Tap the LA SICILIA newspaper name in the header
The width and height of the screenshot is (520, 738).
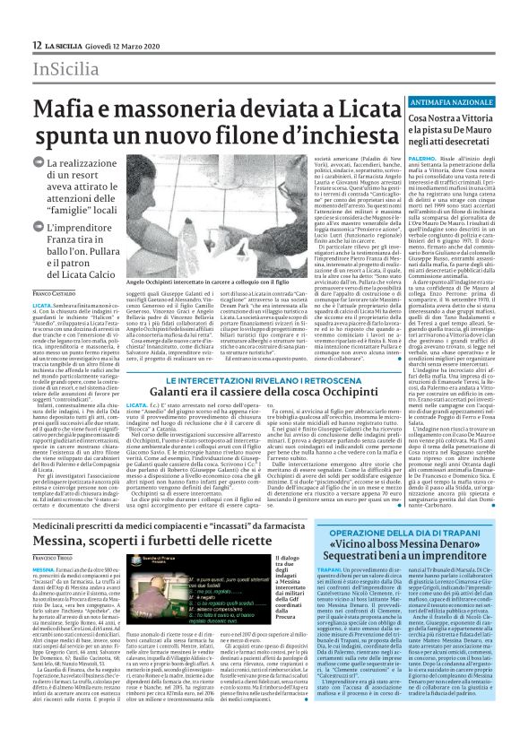click(x=62, y=46)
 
